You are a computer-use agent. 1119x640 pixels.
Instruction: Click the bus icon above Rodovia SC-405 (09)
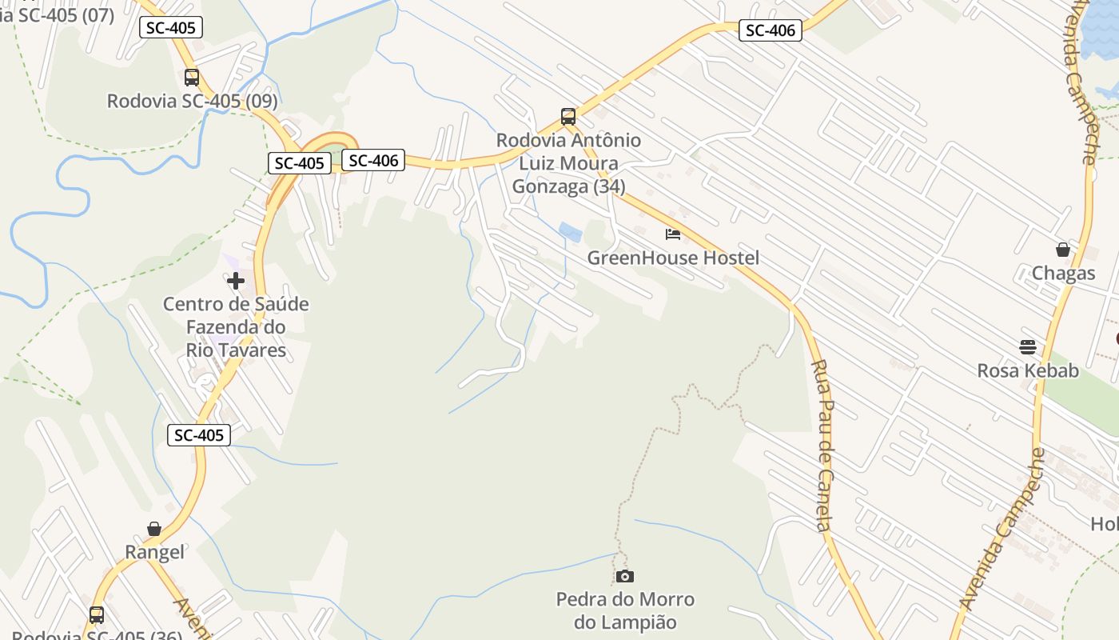(x=192, y=78)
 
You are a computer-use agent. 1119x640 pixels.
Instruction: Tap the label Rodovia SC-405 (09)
(x=192, y=102)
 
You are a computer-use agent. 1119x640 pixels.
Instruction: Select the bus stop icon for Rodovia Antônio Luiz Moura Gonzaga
(x=568, y=117)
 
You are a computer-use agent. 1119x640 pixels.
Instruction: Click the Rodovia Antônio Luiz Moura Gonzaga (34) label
(x=568, y=163)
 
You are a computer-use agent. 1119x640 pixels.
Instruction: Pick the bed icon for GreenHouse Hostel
(x=673, y=234)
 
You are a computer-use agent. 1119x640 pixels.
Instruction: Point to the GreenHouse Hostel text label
(x=673, y=258)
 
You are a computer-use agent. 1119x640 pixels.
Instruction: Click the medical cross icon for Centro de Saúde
(x=236, y=281)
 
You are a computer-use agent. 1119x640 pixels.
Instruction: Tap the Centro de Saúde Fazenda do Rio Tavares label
(x=236, y=327)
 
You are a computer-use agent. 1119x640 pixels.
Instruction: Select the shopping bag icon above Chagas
(x=1063, y=250)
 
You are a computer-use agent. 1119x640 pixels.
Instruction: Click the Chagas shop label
(x=1063, y=274)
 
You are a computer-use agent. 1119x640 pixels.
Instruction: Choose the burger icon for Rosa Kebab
(x=1028, y=347)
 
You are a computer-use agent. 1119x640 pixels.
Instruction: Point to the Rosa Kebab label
(x=1028, y=371)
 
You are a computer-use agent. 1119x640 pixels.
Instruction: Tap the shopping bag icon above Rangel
(x=154, y=529)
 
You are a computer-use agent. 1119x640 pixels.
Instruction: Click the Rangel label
(x=154, y=552)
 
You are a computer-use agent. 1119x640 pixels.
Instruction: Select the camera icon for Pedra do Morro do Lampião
(x=625, y=576)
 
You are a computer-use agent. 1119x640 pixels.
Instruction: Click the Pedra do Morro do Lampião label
(x=625, y=610)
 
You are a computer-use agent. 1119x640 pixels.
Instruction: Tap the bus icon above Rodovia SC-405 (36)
(x=97, y=615)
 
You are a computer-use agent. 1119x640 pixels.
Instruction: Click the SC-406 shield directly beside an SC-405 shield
(x=373, y=160)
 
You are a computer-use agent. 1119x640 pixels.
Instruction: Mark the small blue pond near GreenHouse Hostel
(x=571, y=232)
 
